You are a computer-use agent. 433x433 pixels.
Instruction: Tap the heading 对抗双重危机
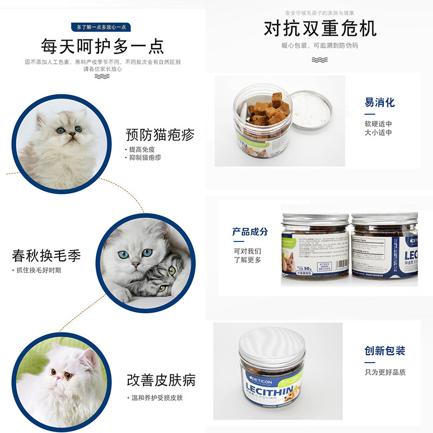tap(320, 28)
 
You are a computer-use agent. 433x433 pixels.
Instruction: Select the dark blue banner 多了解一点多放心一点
tap(102, 27)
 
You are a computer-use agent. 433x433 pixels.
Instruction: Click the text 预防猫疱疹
tap(160, 134)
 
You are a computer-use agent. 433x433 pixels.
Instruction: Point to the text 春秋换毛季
tap(47, 255)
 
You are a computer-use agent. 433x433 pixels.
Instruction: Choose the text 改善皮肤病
tap(161, 379)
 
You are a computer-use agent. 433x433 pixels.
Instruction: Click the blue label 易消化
tap(379, 103)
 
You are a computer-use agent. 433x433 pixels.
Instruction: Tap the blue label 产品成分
tap(250, 232)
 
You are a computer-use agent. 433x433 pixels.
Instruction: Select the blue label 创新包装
tap(385, 351)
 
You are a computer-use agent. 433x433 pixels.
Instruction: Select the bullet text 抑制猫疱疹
tap(145, 158)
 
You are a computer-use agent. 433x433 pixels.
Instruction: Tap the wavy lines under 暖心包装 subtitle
tap(320, 60)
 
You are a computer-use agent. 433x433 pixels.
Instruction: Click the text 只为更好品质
tap(385, 372)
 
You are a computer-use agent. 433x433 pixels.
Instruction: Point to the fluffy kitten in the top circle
tap(61, 143)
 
